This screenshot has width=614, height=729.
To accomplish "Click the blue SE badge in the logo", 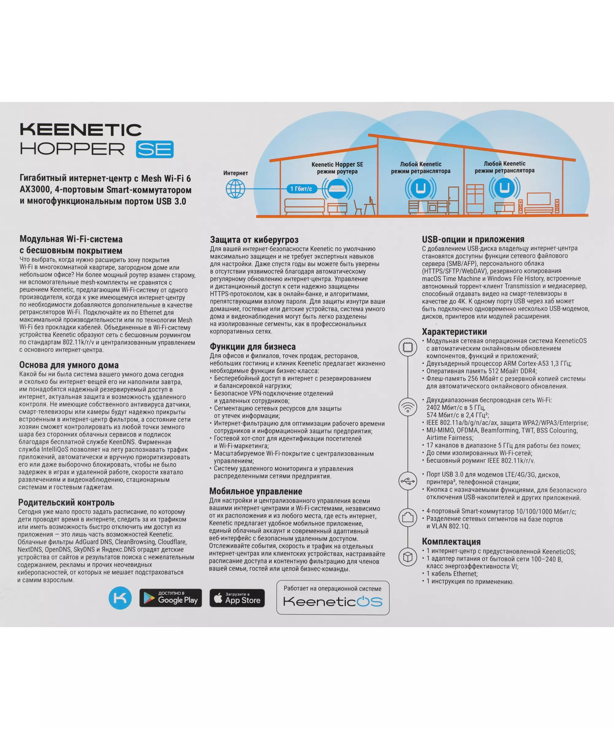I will coord(154,149).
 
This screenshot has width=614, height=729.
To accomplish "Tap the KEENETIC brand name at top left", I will coord(81,130).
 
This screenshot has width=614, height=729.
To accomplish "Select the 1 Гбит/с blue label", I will coord(301,188).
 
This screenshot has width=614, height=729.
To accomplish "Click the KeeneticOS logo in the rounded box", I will coord(333,602).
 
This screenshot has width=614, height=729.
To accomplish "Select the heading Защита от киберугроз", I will coord(254,239).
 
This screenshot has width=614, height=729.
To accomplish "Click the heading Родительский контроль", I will coord(66,502).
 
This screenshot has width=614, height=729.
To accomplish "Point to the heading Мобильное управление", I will coord(255,491).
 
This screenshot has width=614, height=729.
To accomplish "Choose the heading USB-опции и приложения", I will coord(473,239).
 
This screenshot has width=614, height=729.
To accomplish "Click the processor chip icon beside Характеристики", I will coord(408,347).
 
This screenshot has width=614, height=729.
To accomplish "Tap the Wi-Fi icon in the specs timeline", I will coord(408,406).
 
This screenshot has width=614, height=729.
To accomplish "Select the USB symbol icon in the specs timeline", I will coord(408,481).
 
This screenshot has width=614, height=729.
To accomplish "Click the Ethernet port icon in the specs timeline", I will coord(408,518).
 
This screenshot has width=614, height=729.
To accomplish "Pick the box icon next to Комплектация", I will coord(408,557).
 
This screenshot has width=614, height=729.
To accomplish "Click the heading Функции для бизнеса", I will coord(252,347).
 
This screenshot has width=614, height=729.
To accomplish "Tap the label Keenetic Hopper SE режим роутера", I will coord(337,168).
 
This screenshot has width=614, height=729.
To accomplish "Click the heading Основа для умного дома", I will coord(69,365).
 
